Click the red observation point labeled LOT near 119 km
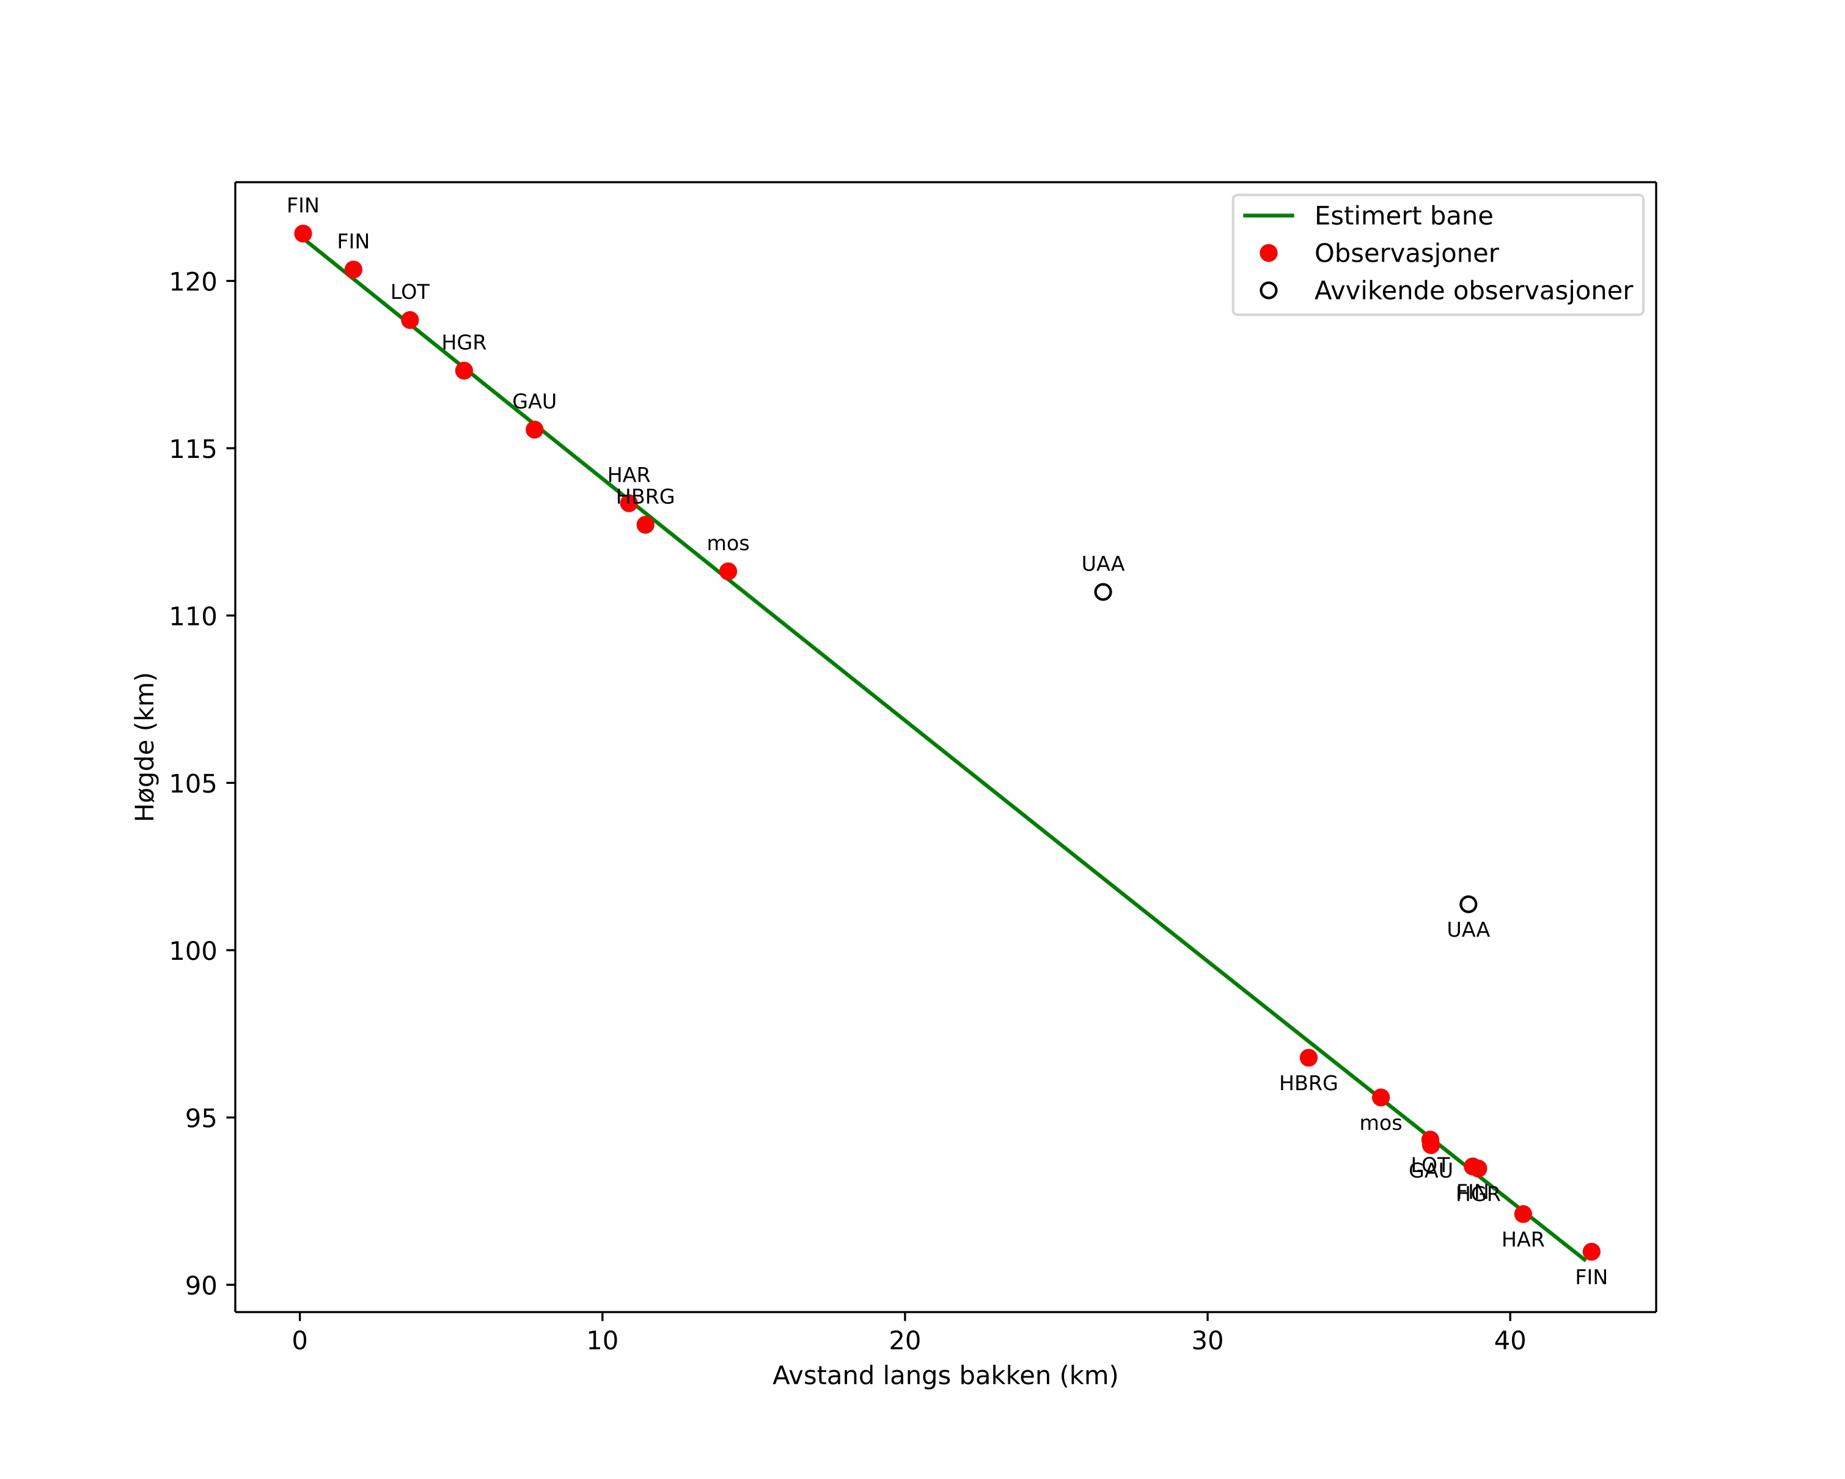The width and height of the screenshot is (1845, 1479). point(410,320)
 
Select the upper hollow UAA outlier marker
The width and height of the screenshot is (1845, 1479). point(1103,592)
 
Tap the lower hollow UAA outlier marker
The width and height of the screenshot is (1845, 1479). point(1469,905)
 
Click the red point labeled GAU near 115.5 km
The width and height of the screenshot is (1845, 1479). point(535,430)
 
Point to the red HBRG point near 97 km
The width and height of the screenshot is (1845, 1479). point(1308,1058)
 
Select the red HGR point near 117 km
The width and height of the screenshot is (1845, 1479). point(464,371)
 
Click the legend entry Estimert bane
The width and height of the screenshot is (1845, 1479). point(1403,216)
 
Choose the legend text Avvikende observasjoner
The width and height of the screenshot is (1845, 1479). point(1473,291)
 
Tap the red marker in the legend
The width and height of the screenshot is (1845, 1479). point(1269,253)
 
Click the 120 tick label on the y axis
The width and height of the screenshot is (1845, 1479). point(193,282)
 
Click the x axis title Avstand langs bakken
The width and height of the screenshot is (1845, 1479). point(945,1376)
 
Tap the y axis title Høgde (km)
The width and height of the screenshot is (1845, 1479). point(145,747)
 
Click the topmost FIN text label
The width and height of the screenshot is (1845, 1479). point(303,206)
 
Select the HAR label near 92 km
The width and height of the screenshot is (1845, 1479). point(1523,1240)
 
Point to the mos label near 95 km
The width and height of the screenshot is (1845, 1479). point(1381,1124)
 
